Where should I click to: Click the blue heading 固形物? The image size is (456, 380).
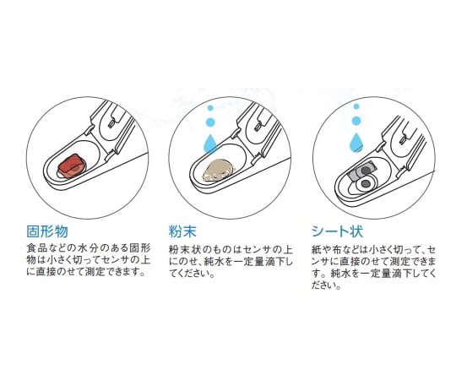coord(47,231)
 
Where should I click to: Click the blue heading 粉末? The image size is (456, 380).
coord(182,231)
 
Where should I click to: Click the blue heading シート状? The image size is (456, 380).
coord(337,231)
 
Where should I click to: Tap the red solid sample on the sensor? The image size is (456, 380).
coord(71,166)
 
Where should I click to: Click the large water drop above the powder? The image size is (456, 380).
coord(211,144)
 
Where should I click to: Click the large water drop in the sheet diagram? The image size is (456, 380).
coord(356,142)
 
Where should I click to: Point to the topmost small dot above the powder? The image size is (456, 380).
coord(210,108)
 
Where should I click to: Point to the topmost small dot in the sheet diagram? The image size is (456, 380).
coord(356,106)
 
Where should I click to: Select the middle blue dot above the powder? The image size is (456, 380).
coord(210,122)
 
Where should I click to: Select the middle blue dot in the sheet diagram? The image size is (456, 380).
coord(356,120)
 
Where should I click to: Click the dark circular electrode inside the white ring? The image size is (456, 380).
coord(366,183)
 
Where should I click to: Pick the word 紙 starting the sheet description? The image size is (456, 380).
coord(316,249)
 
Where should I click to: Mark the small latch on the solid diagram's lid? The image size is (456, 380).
coord(111,122)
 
